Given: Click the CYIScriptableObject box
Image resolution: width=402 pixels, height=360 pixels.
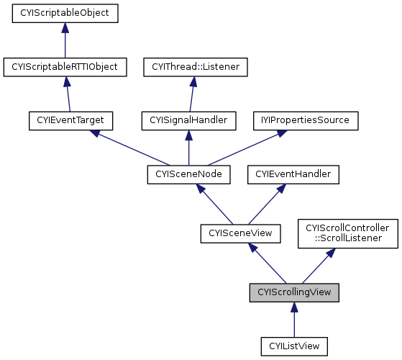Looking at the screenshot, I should pos(65,13).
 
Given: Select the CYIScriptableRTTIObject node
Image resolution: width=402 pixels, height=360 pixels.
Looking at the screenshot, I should pos(65,67).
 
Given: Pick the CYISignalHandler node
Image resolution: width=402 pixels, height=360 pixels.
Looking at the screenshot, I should pos(188,120).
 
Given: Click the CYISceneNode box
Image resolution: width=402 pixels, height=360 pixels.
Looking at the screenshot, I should pos(188,174).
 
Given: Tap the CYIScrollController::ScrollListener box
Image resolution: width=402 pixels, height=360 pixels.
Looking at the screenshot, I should pos(347,232).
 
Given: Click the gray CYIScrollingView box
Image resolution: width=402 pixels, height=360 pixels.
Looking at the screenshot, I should pos(294,292).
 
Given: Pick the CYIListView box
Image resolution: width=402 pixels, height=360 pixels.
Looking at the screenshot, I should pos(294,346).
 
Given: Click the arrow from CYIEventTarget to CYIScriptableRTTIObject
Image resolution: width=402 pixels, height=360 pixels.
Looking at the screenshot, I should pos(68,94).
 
